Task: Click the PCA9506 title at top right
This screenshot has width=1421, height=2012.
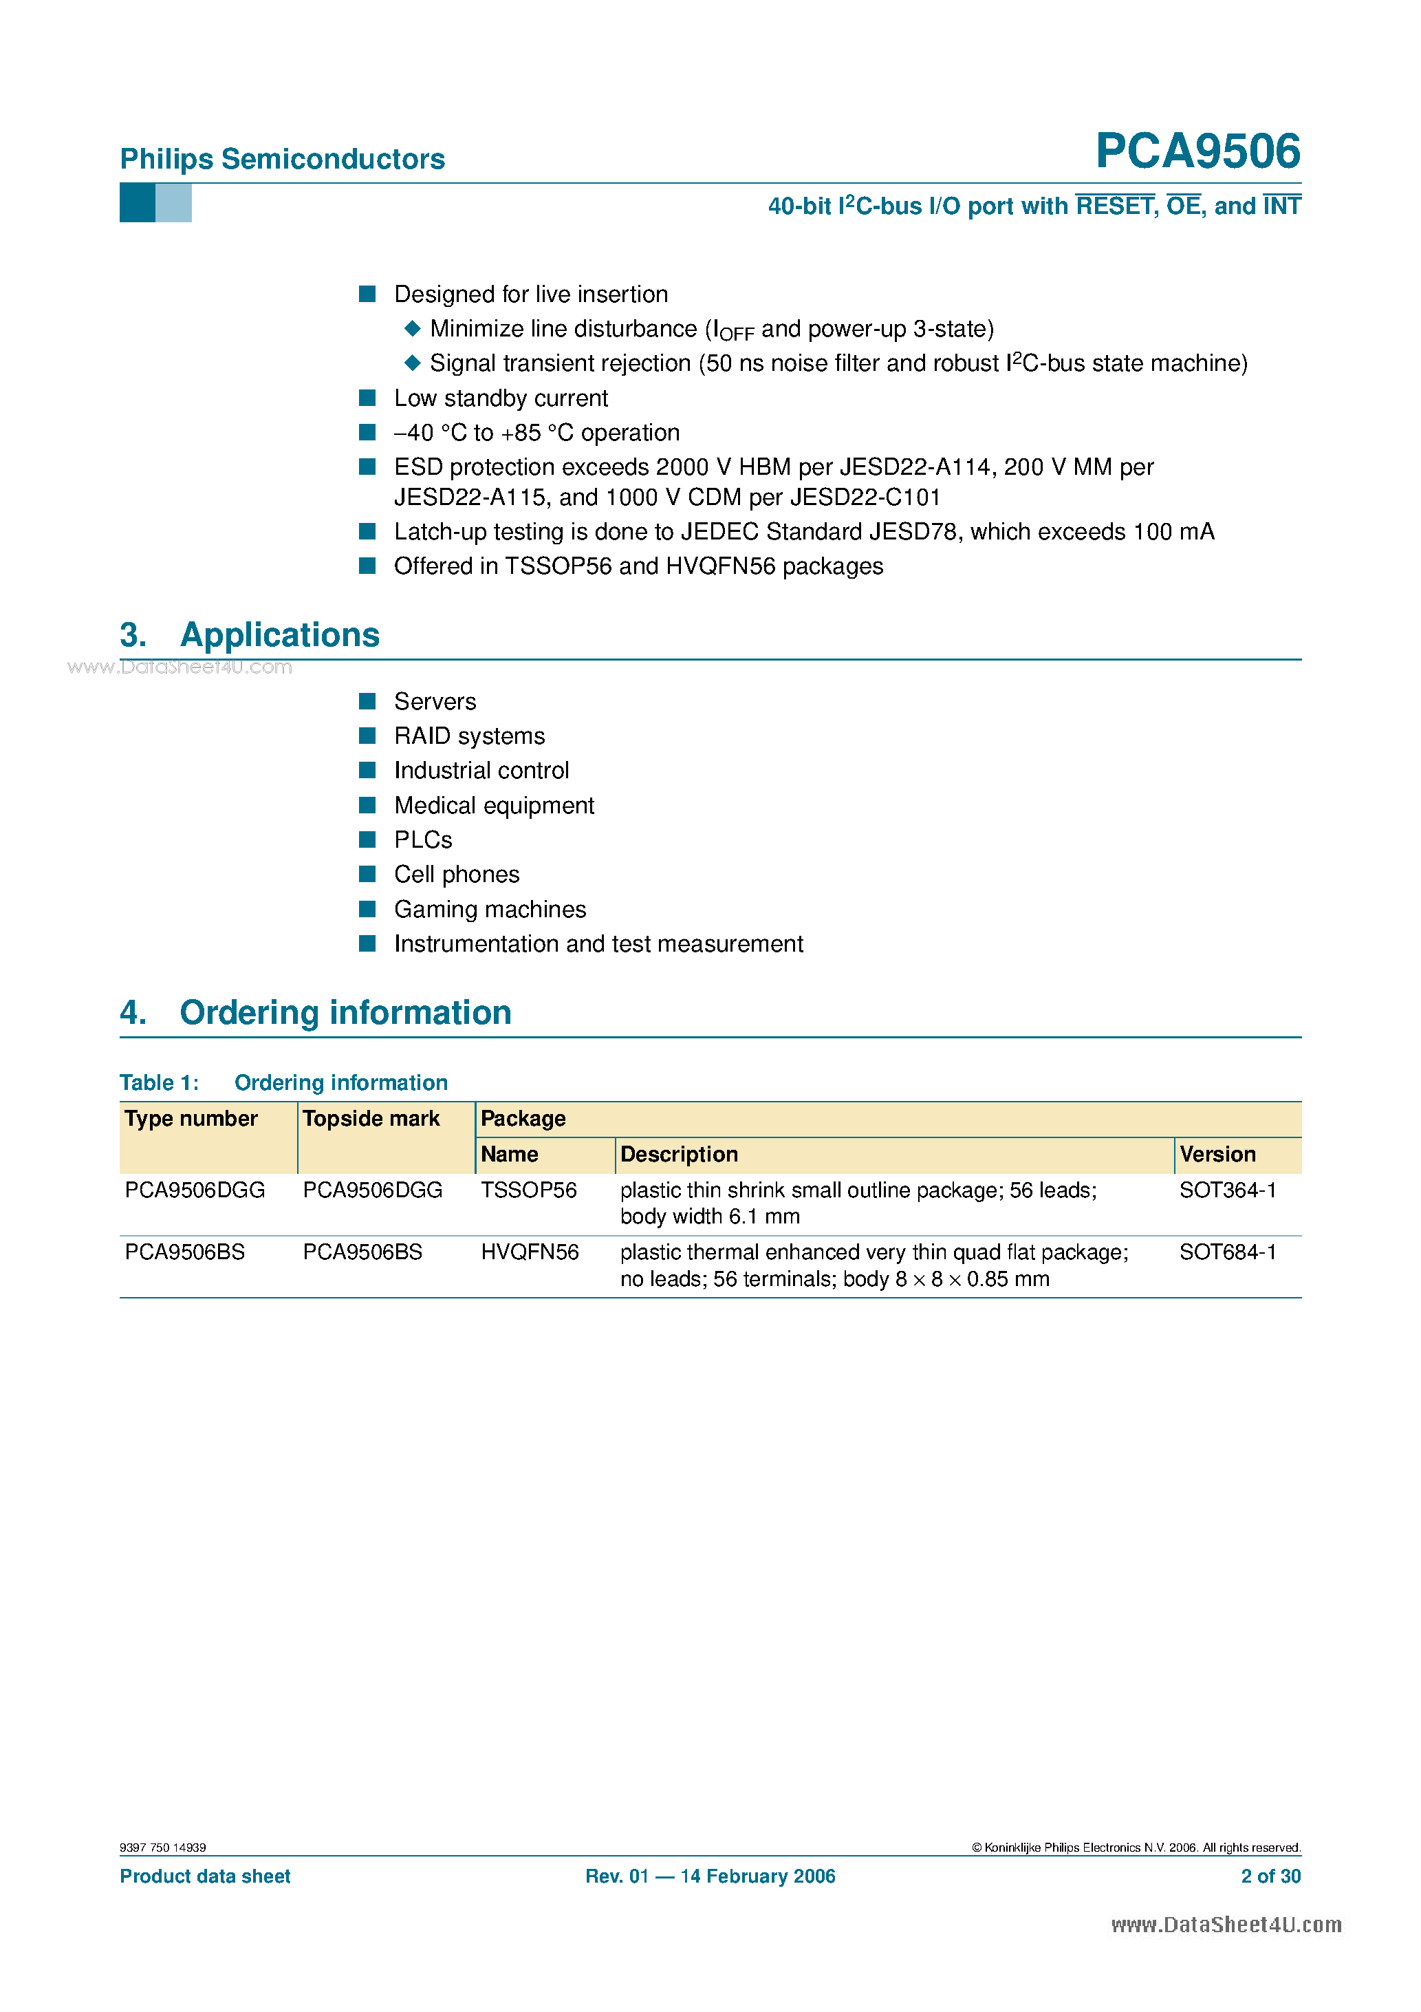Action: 1197,151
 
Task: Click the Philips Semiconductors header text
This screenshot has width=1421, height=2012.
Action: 282,159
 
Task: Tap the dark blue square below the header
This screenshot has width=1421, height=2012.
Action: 137,203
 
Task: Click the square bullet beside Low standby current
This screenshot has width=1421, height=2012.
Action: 367,398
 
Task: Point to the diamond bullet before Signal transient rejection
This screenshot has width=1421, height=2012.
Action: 412,363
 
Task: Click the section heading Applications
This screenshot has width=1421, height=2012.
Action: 279,635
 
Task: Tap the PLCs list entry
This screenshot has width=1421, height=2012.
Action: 422,839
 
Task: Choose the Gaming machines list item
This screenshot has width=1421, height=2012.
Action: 490,910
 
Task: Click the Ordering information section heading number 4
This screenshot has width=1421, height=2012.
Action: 132,1013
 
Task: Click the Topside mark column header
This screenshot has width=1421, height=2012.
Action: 371,1119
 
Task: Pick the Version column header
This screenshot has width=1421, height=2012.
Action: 1217,1155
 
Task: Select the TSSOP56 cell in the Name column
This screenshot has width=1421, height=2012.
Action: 528,1190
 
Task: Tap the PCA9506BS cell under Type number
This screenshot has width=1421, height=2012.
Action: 185,1252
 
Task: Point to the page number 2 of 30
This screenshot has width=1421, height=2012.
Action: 1270,1876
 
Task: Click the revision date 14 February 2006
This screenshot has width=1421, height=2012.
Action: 757,1876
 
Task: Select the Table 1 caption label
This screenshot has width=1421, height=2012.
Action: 160,1083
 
